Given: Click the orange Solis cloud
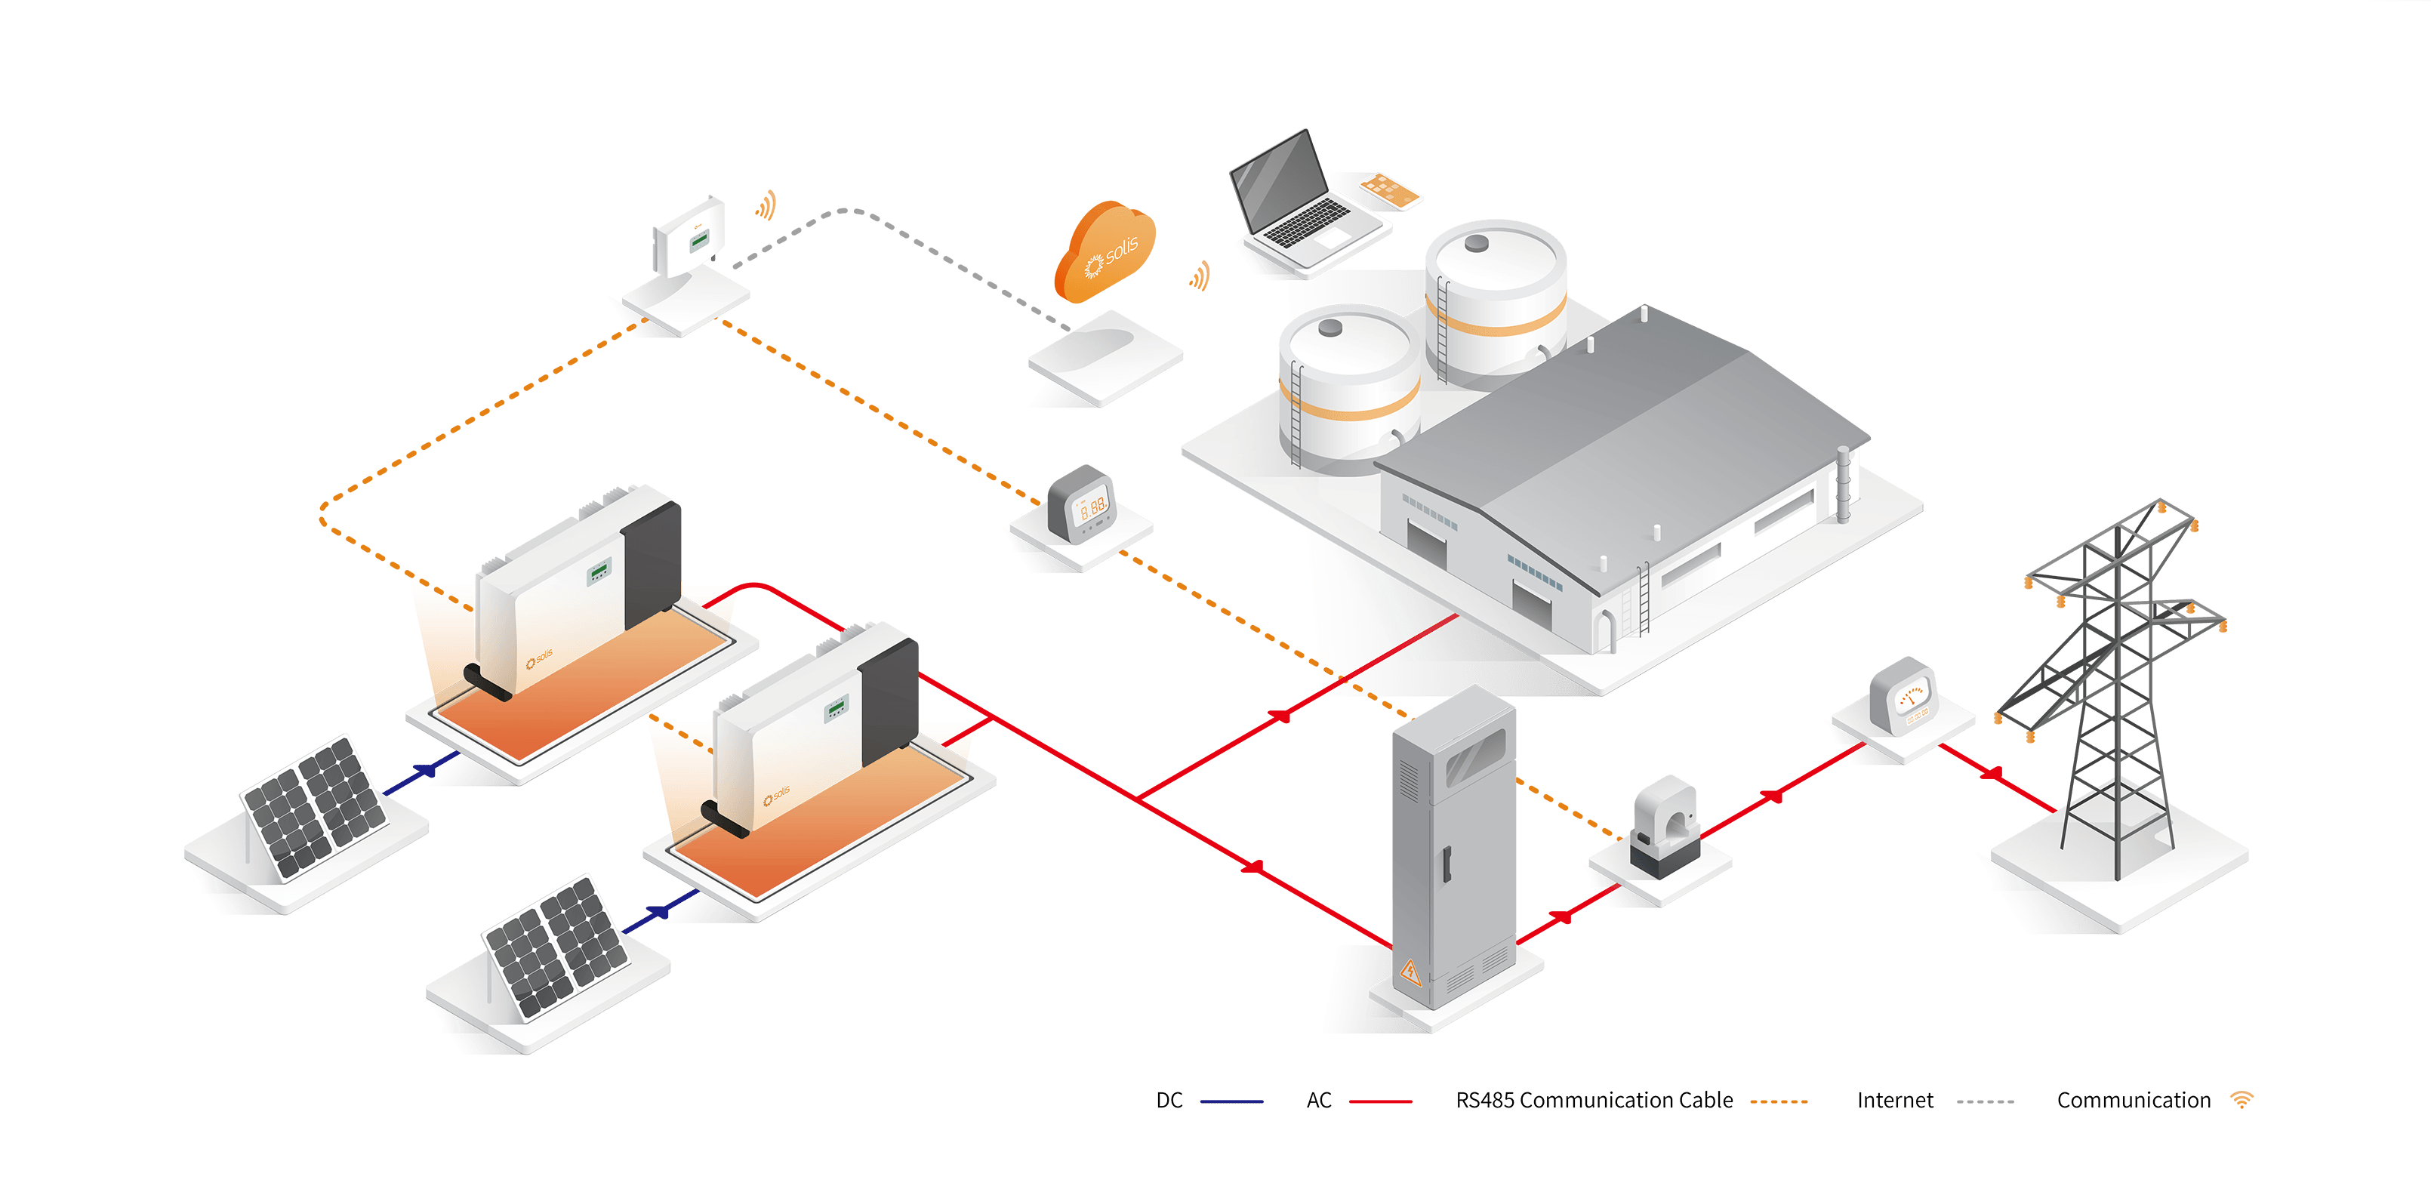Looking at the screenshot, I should pos(1104,252).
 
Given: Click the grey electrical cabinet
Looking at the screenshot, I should pos(1453,849).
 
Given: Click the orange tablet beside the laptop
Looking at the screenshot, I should pos(1390,189).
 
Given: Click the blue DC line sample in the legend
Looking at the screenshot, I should pos(1231,1101).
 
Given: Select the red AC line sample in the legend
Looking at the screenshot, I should pos(1381,1101).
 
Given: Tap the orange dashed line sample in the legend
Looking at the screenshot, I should pos(1779,1101).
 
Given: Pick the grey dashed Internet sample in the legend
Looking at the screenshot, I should pos(1985,1101).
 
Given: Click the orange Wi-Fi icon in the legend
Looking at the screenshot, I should pos(2242,1099).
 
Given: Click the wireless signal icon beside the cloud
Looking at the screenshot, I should pos(1200,276).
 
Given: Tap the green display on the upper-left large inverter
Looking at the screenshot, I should pos(599,571).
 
